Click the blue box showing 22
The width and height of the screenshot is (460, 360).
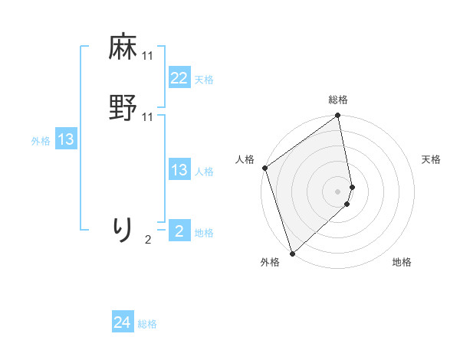tap(179, 78)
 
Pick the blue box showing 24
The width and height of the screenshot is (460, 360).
tap(122, 322)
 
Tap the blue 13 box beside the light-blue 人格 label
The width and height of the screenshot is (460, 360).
tap(179, 170)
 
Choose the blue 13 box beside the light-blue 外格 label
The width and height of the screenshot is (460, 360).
tap(66, 139)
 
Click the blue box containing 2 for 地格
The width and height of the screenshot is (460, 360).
tap(179, 231)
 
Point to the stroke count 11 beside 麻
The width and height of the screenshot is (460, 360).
tap(148, 56)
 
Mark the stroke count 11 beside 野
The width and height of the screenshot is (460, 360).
tap(148, 116)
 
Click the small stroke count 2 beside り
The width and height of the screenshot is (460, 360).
tap(148, 240)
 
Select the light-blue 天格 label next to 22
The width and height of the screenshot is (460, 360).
tap(204, 80)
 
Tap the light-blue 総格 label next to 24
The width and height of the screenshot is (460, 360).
tap(148, 324)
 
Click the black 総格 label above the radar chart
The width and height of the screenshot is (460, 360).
tap(338, 100)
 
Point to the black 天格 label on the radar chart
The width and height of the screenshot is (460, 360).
tap(432, 159)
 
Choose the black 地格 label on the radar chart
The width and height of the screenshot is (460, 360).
tap(402, 263)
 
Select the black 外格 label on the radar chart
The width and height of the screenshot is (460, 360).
tap(270, 263)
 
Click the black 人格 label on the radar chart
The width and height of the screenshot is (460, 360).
tap(245, 159)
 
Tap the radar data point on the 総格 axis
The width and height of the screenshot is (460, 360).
tap(338, 116)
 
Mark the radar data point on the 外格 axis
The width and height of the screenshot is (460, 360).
tap(292, 253)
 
